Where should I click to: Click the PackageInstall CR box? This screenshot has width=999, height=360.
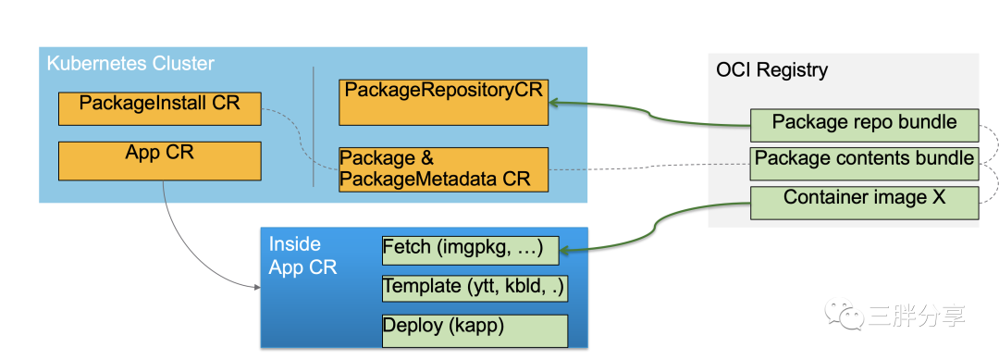coord(160,108)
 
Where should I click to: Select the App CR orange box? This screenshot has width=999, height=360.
coord(160,161)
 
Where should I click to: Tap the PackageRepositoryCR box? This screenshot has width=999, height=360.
coord(443,102)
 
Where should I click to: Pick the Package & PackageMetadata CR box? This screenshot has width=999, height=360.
coord(443,169)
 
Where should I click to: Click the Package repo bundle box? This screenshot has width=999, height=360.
coord(865,125)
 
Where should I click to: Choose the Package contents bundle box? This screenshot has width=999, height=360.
coord(865,164)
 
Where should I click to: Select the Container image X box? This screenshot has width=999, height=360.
coord(865,203)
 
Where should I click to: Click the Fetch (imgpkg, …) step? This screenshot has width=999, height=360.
coord(470,251)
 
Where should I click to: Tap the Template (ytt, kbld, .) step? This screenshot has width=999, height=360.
coord(475,288)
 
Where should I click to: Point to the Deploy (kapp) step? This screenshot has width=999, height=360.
coord(475,330)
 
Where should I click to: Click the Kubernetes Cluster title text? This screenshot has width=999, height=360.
coord(130,64)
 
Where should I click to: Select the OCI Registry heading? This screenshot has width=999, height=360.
coord(771,69)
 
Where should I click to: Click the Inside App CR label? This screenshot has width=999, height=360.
coord(302,255)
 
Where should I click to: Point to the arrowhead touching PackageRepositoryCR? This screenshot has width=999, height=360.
coord(554,102)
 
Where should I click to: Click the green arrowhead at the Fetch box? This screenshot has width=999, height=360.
coord(564,253)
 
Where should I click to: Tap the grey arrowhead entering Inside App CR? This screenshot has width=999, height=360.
coord(257,288)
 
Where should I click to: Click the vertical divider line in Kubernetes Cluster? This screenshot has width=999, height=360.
coord(314,126)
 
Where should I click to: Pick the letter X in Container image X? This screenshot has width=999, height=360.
coord(939,197)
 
